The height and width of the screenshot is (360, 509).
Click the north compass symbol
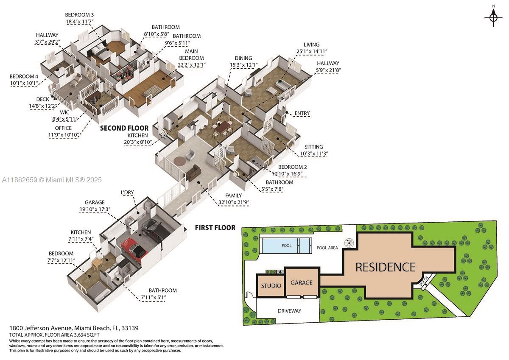[493, 17]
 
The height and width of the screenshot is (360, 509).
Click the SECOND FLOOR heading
[124, 128]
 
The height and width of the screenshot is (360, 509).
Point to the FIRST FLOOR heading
[215, 228]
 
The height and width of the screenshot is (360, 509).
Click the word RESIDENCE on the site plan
[385, 267]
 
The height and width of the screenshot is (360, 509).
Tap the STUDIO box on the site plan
[271, 286]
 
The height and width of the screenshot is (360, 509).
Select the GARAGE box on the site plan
[302, 282]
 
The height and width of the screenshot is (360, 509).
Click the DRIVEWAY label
[289, 311]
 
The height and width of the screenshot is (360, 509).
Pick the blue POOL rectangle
[286, 246]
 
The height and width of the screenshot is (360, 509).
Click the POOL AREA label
[327, 248]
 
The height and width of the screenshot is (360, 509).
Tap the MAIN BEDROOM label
[191, 55]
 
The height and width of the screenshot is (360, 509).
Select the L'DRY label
[127, 193]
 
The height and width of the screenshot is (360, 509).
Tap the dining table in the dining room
[221, 126]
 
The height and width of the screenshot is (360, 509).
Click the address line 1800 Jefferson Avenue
[74, 328]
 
